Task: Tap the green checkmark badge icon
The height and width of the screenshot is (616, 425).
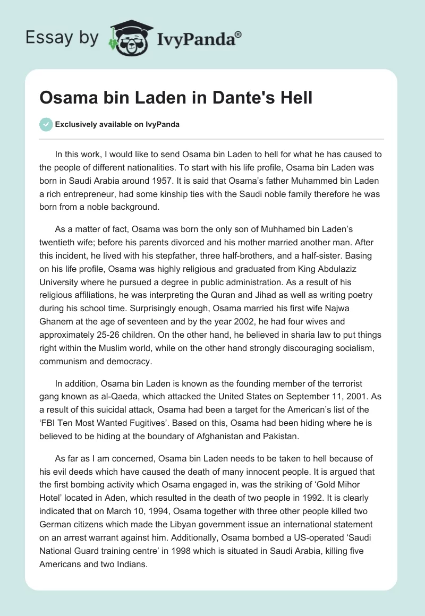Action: point(46,124)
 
